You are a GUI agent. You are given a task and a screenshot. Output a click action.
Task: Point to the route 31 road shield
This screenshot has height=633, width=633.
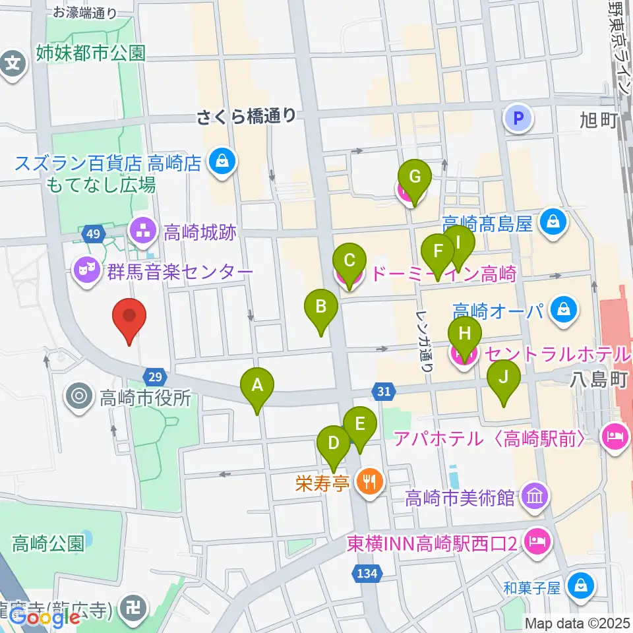384,392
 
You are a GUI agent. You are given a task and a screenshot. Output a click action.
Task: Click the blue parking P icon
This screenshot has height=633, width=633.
518,119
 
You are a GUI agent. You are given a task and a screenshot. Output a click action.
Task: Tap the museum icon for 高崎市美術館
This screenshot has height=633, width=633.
535,495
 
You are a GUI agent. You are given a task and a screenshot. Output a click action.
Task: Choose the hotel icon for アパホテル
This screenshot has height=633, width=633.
615,437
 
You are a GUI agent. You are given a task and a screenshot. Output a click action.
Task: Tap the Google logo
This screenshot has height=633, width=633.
45,618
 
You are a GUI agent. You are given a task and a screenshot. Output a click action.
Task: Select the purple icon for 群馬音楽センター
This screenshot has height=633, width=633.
86,270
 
